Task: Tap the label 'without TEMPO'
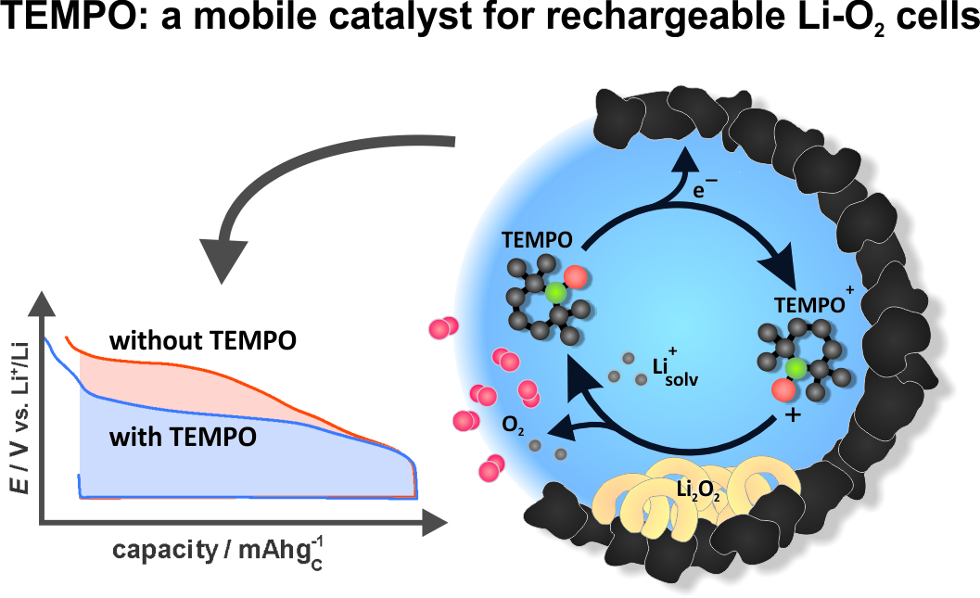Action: tap(203, 341)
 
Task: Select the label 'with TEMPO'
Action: tap(184, 437)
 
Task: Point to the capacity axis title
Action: tap(218, 551)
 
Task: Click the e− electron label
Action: tap(705, 188)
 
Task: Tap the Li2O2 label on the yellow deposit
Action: tap(698, 490)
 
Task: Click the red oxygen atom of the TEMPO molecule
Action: tap(575, 276)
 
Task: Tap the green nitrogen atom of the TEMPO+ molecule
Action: tap(795, 369)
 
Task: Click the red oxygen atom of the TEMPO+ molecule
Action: tap(783, 390)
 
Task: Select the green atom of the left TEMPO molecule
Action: tap(554, 292)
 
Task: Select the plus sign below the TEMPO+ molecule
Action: tap(792, 414)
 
